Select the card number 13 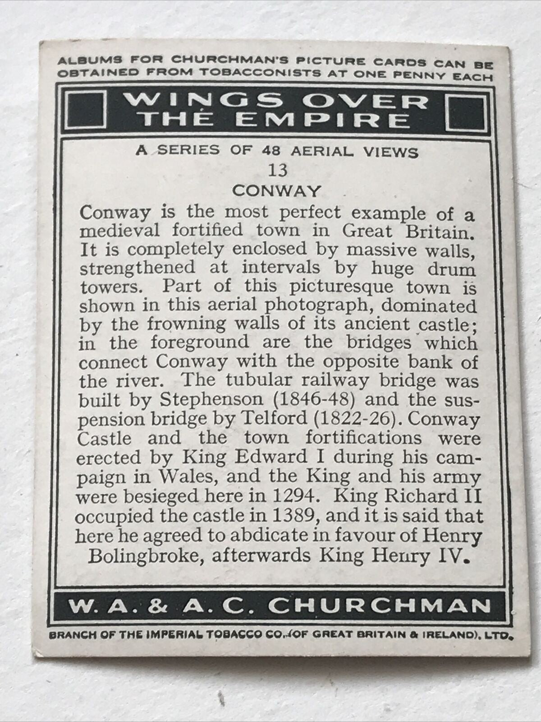[x=277, y=171]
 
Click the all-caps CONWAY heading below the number [x=276, y=191]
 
